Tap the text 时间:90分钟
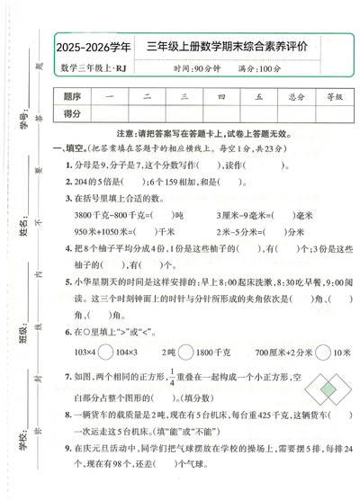(194, 68)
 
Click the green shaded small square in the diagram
(324, 388)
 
